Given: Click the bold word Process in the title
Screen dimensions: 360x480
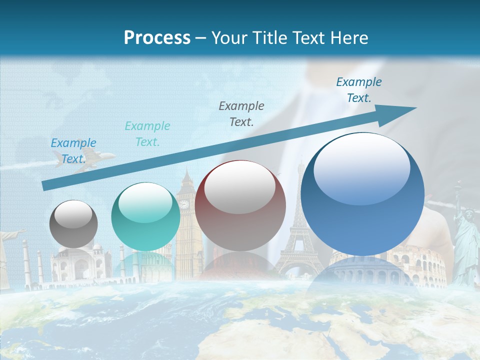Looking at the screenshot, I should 157,38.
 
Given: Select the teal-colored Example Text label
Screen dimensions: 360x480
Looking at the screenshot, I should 147,134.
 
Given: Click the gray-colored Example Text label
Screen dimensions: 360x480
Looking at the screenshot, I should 241,113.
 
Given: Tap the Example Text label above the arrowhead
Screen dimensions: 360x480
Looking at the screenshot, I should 359,90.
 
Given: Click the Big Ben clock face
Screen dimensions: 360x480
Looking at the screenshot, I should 184,204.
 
